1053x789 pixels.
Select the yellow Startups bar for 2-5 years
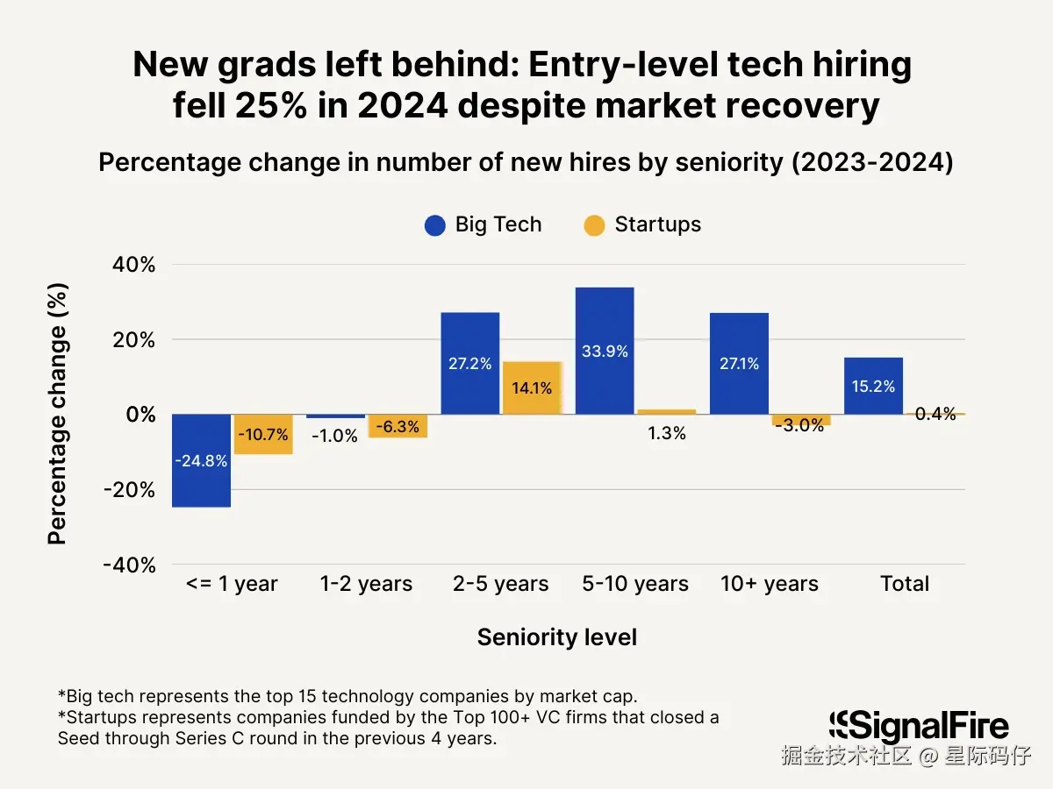pos(532,387)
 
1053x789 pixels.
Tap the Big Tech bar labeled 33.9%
pos(605,351)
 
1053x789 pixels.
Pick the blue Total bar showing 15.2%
pos(873,386)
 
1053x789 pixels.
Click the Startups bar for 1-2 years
pos(398,426)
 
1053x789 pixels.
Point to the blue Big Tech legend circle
pos(435,225)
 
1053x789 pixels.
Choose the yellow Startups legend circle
pos(594,225)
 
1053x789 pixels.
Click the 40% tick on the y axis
pos(133,265)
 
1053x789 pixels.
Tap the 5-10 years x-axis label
pos(635,584)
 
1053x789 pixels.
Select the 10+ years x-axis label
pos(770,584)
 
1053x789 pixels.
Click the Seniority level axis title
pos(557,637)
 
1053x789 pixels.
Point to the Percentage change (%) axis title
pos(58,413)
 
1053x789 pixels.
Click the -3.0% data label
pos(799,425)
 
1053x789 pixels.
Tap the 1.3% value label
pos(667,433)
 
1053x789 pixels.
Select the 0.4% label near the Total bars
pos(935,414)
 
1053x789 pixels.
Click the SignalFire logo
pos(919,727)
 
